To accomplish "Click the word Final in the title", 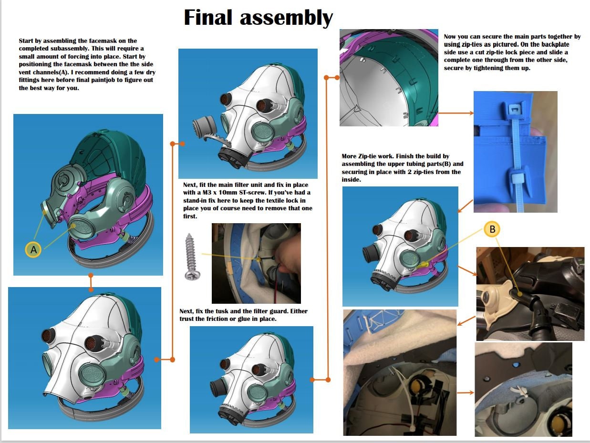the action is pos(208,17).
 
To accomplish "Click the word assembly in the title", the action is pos(286,18).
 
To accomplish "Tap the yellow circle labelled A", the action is pos(33,249).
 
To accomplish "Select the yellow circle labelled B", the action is pos(492,229).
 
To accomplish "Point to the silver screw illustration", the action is pos(192,257).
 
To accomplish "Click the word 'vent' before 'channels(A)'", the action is pos(26,72).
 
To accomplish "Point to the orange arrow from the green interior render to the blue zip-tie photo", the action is pos(456,113).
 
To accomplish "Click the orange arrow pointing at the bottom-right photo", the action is pos(466,393).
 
